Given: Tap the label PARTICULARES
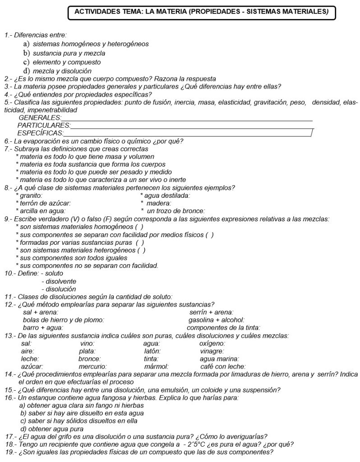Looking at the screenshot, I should tap(44, 125).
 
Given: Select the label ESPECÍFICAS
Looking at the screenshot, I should tap(40, 133).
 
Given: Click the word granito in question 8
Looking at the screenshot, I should tap(31, 196).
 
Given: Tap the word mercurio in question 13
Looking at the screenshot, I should tap(92, 366).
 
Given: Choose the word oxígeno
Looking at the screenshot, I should tap(212, 343).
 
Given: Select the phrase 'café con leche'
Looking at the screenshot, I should tap(223, 366).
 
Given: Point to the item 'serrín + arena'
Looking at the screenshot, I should tap(211, 312).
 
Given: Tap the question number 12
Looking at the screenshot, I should tap(9, 304).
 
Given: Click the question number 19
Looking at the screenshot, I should tap(9, 452).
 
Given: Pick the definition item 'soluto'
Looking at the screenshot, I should tap(55, 273).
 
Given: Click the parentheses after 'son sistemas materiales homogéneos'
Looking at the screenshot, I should tap(139, 227).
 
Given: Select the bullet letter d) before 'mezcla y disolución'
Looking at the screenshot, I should tap(26, 71).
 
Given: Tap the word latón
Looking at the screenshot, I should tap(152, 351).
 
